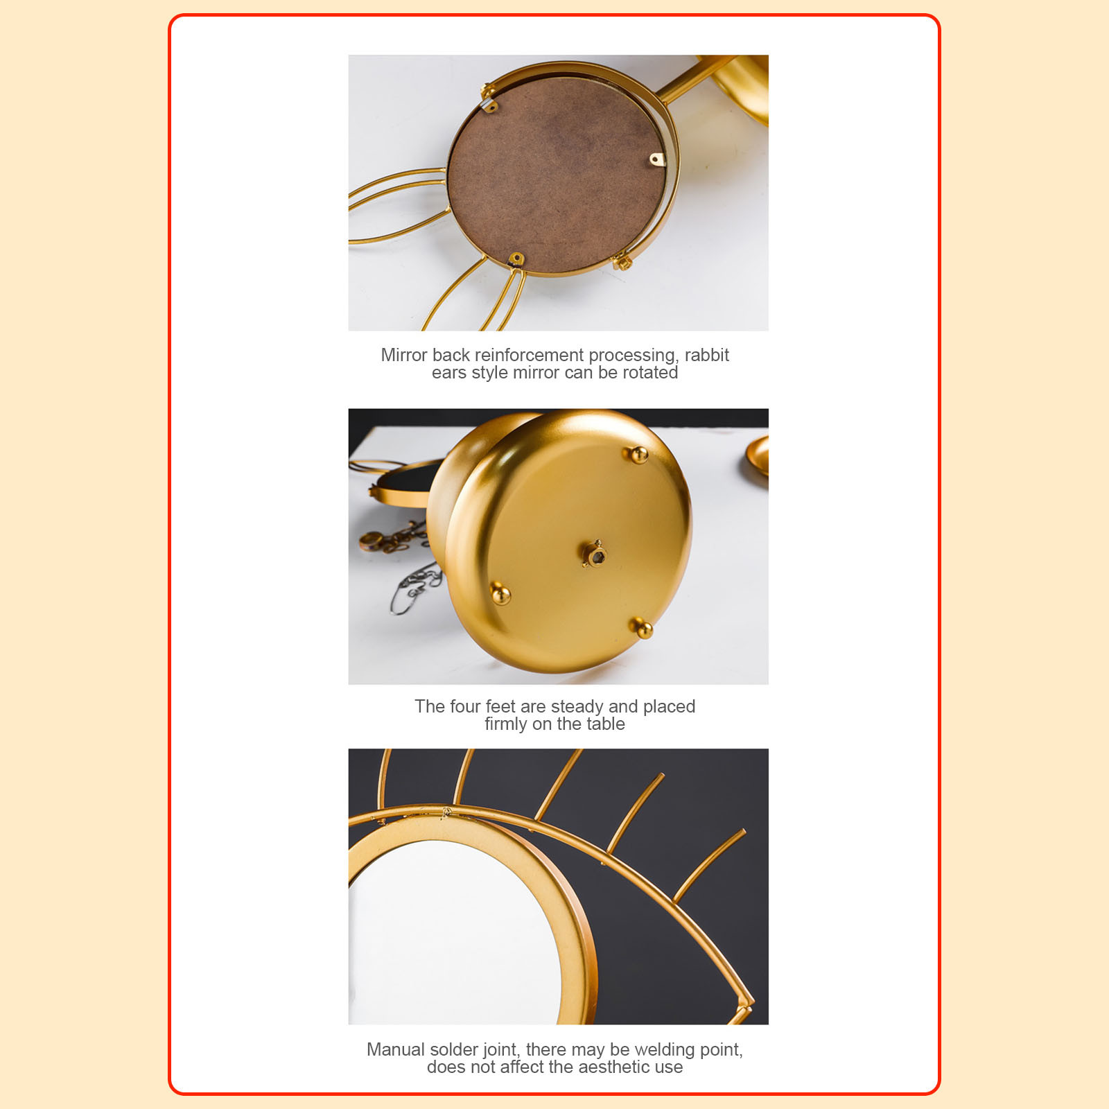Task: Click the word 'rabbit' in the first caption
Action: click(x=706, y=355)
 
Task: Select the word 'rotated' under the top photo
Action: click(x=649, y=372)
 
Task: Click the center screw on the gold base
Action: click(x=593, y=554)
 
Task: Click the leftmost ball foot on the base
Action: click(x=500, y=594)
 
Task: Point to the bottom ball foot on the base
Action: click(x=643, y=629)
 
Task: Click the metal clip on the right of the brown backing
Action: click(x=656, y=160)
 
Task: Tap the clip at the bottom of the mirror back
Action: click(x=515, y=261)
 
